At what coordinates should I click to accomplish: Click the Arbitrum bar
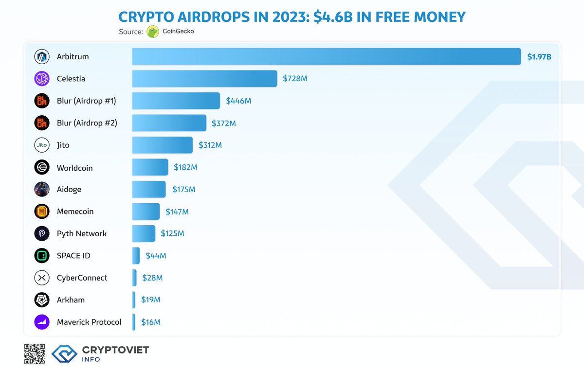[x=326, y=56]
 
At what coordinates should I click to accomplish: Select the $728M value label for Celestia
[x=295, y=78]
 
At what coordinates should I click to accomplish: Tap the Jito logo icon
[x=42, y=145]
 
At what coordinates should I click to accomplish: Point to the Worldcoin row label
[x=74, y=168]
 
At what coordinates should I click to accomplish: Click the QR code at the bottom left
[x=34, y=354]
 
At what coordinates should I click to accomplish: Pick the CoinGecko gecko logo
[x=153, y=32]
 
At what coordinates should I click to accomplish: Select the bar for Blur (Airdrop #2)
[x=169, y=123]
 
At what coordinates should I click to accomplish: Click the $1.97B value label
[x=539, y=57]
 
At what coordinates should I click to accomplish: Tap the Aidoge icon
[x=42, y=189]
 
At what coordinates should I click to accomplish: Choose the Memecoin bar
[x=146, y=211]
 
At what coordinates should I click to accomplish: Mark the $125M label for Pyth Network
[x=172, y=233]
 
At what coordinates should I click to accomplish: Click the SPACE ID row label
[x=73, y=256]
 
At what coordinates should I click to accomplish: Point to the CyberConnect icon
[x=42, y=278]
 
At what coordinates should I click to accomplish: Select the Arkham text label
[x=71, y=300]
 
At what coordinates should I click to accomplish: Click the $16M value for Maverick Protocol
[x=150, y=322]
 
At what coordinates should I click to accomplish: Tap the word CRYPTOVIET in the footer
[x=115, y=350]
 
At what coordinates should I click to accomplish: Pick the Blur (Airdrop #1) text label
[x=87, y=101]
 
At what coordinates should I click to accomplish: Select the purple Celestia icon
[x=42, y=78]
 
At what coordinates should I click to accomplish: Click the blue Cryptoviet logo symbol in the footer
[x=64, y=354]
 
